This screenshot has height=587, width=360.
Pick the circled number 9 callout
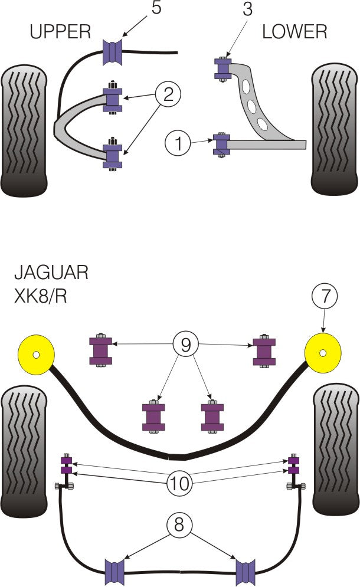186,345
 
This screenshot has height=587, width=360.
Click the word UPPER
61,31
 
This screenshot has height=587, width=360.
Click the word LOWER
295,31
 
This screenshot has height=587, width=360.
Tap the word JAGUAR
51,273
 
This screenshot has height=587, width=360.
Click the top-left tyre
24,130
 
